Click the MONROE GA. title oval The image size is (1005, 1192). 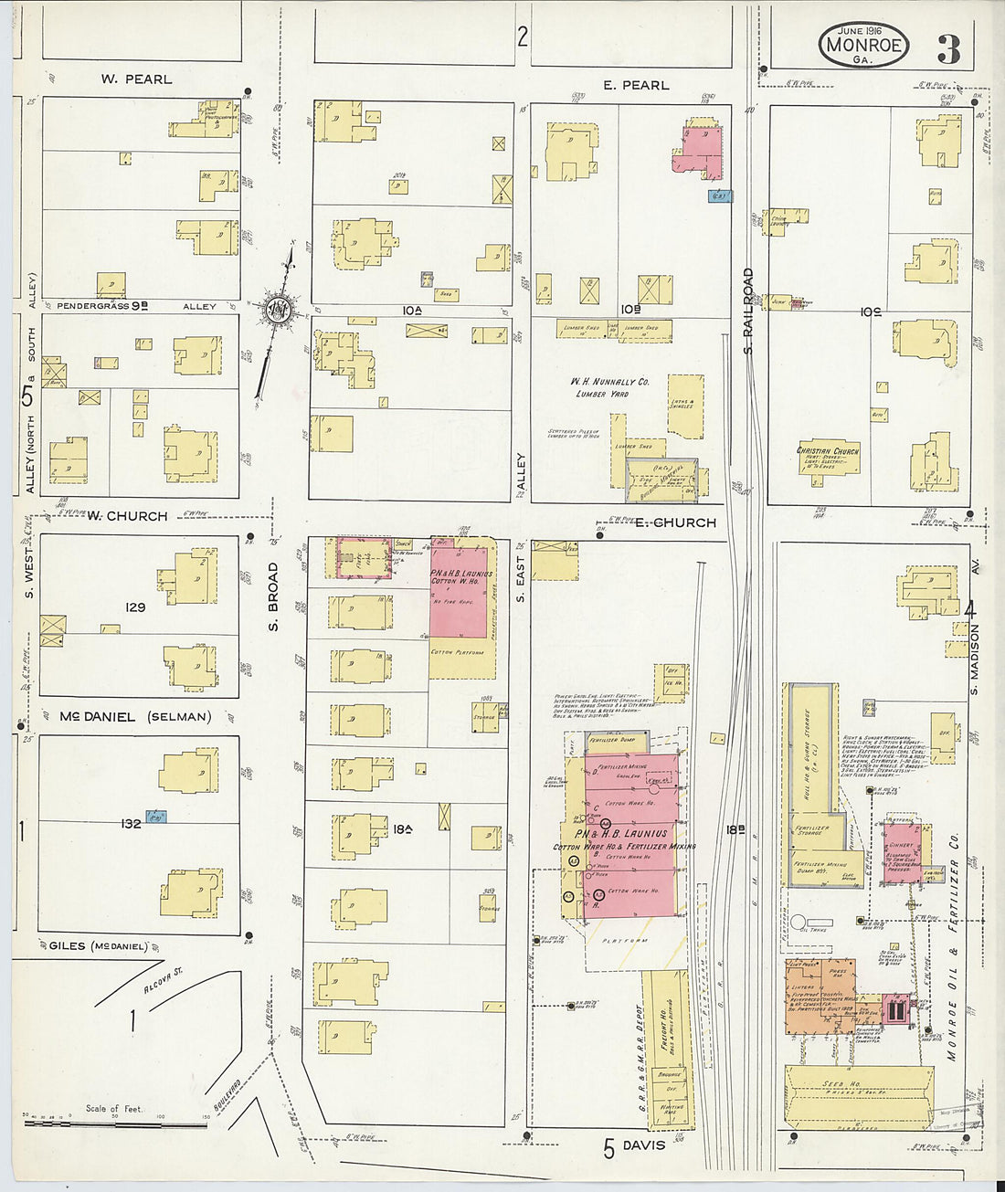coord(862,44)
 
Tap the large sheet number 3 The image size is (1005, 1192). coord(948,48)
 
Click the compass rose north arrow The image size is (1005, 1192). coord(278,311)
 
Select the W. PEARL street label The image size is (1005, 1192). coord(136,79)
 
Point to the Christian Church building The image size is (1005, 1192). coord(828,458)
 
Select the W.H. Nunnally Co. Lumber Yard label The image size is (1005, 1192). coord(609,386)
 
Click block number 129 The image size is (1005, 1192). coord(136,607)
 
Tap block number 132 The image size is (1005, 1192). coord(132,824)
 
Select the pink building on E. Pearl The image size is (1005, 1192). coord(698,149)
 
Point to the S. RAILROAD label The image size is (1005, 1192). coord(747,311)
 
